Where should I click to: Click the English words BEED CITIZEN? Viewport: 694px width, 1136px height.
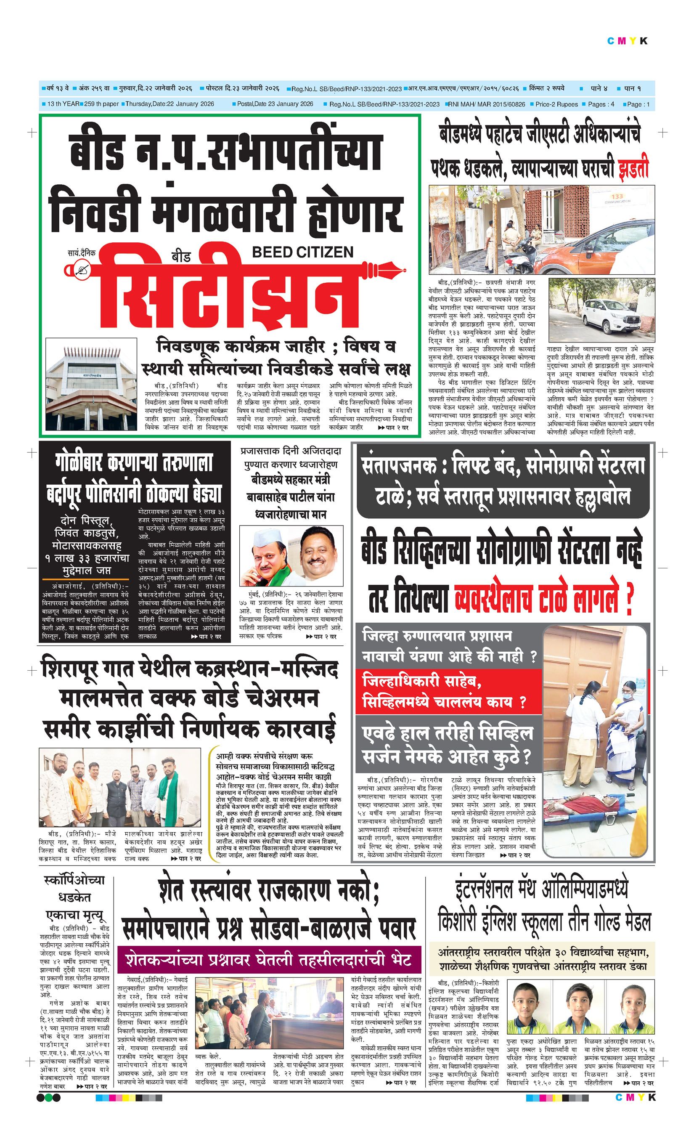[x=303, y=252]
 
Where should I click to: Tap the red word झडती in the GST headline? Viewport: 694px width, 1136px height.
[x=633, y=169]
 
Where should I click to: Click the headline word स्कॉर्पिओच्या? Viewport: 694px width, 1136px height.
[x=74, y=881]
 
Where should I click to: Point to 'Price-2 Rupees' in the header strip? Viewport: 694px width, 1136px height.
[x=556, y=104]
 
